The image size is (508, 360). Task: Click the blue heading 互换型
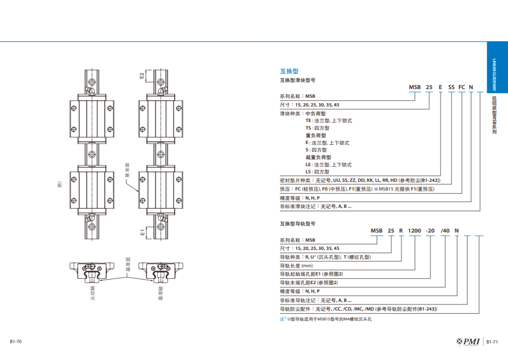click(x=289, y=71)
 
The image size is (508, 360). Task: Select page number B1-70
click(x=16, y=342)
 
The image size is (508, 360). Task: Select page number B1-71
click(x=492, y=342)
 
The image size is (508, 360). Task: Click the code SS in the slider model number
click(x=451, y=87)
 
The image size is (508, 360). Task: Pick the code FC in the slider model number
click(x=461, y=87)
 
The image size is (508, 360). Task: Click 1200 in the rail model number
click(x=414, y=231)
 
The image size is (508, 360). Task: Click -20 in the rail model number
click(x=431, y=231)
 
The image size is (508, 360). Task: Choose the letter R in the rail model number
click(x=401, y=231)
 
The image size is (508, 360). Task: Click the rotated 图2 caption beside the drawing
click(x=60, y=184)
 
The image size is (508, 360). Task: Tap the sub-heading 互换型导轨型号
click(x=298, y=224)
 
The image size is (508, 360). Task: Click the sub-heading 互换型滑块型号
click(x=298, y=80)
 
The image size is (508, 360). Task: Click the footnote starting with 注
click(x=325, y=319)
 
